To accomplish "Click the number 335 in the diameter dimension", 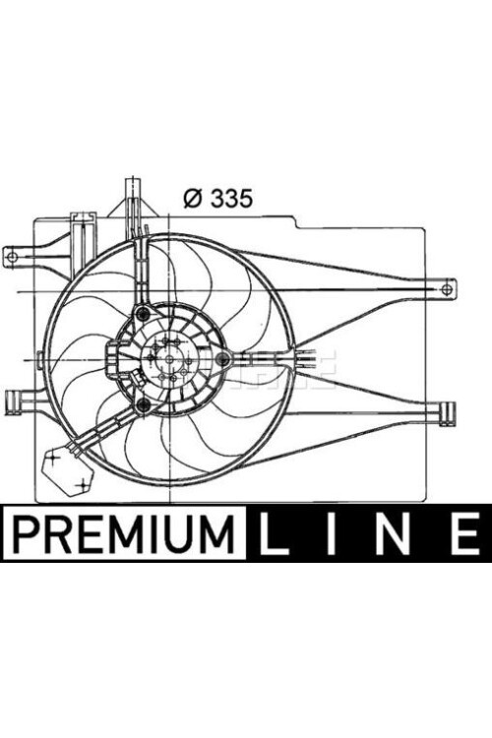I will point(232,198).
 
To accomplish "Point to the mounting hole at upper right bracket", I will point(447,288).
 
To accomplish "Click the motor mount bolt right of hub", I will point(222,359).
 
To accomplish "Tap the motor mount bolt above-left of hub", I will point(145,315).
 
